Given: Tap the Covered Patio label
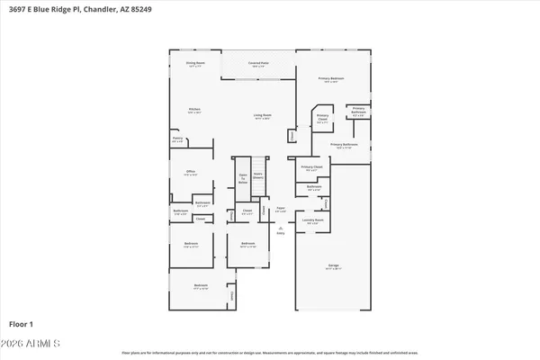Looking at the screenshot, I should [x=258, y=64].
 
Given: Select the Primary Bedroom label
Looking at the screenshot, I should [x=331, y=80].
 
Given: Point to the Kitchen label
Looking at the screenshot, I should [x=193, y=111].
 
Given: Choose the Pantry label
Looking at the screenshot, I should [x=177, y=139].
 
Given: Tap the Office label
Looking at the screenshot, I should [x=191, y=173].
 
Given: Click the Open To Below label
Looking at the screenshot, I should [x=242, y=179].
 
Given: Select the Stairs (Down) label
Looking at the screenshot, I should [x=258, y=177].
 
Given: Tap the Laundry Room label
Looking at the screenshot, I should [x=312, y=220].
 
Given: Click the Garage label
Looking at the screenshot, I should [x=333, y=266].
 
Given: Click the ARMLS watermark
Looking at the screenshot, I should [x=31, y=345].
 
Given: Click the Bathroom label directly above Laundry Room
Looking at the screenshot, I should [x=312, y=189].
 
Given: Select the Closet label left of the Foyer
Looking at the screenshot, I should [x=247, y=212].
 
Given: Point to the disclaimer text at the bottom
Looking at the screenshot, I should [x=270, y=353].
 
